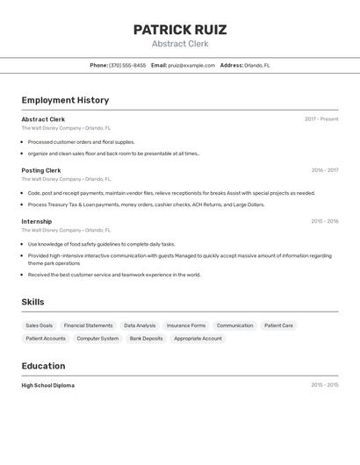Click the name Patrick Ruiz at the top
point(179,30)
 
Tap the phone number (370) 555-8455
point(127,65)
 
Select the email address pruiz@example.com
point(191,65)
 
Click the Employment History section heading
point(65,100)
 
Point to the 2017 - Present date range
point(321,119)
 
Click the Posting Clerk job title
point(41,170)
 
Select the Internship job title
point(37,221)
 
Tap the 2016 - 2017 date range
point(324,170)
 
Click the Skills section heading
point(32,302)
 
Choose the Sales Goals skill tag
point(39,325)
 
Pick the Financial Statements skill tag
point(88,325)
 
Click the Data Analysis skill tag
point(140,325)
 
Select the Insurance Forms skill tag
point(186,325)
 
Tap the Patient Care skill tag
point(279,325)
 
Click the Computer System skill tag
point(97,338)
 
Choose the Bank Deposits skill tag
point(146,338)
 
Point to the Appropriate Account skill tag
point(198,338)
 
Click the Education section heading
point(43,366)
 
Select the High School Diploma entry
point(47,385)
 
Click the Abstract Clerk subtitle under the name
point(179,44)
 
